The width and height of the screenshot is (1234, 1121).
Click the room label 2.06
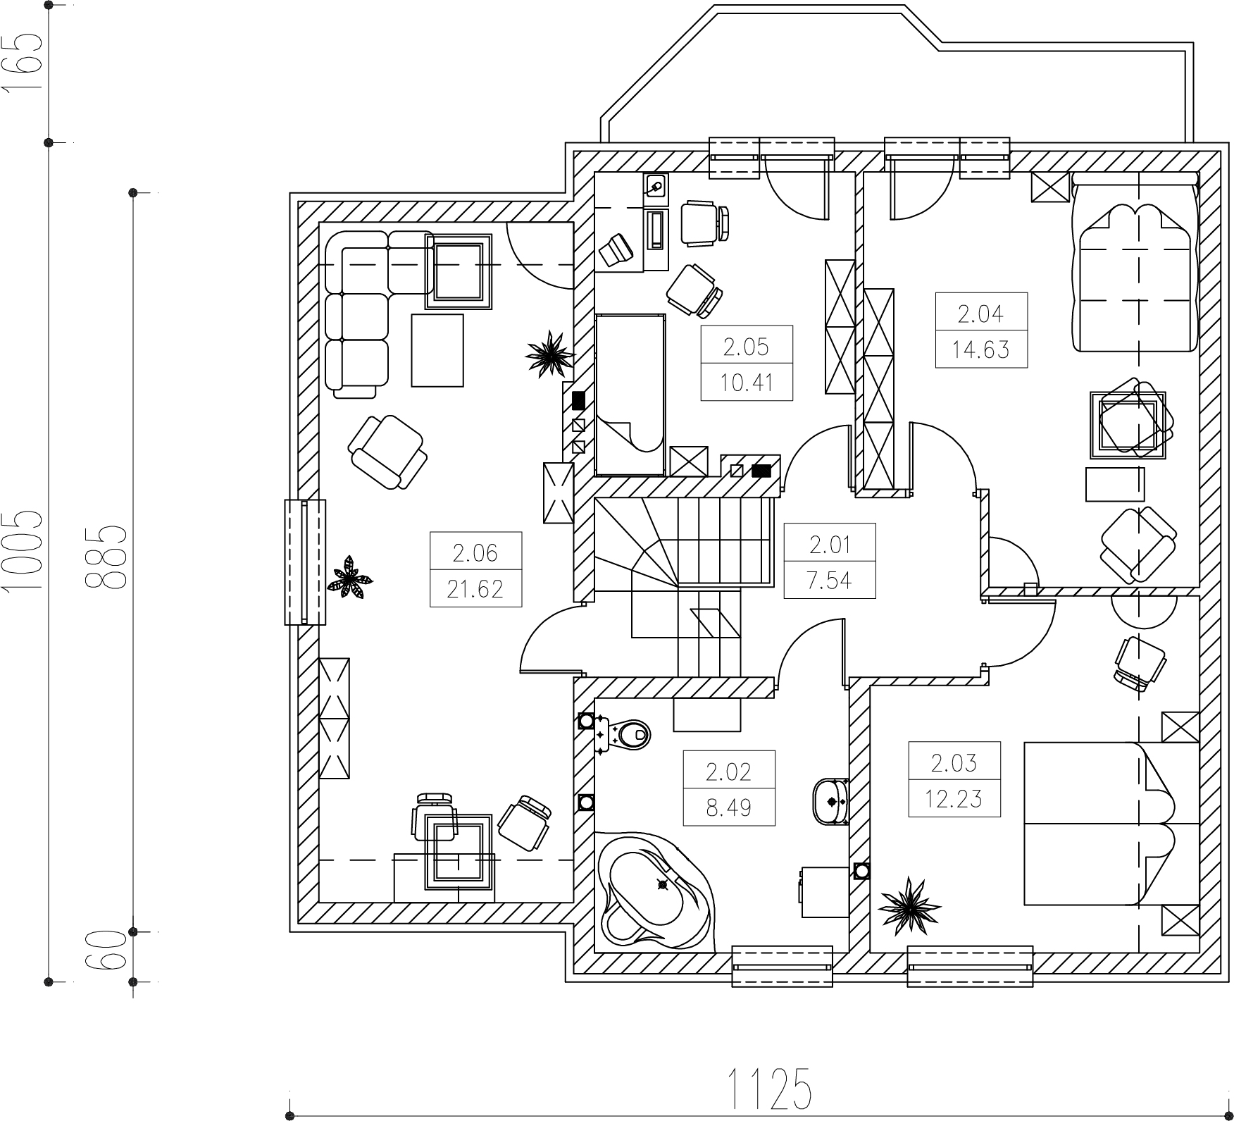pyautogui.click(x=475, y=553)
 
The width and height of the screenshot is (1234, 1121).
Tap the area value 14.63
pyautogui.click(x=981, y=349)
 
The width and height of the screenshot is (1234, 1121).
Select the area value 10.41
pyautogui.click(x=747, y=383)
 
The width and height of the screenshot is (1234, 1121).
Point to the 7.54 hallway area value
pyautogui.click(x=830, y=580)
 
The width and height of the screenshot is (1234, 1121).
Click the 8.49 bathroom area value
pyautogui.click(x=729, y=807)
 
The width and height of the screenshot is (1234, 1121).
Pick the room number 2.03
pyautogui.click(x=954, y=763)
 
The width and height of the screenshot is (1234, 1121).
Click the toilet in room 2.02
pyautogui.click(x=623, y=735)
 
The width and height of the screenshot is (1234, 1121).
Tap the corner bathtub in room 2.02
pyautogui.click(x=654, y=892)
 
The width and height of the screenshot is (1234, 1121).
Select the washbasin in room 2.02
pyautogui.click(x=831, y=801)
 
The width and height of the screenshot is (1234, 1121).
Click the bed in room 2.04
pyautogui.click(x=1134, y=261)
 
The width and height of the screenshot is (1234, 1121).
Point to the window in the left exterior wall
pyautogui.click(x=305, y=562)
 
